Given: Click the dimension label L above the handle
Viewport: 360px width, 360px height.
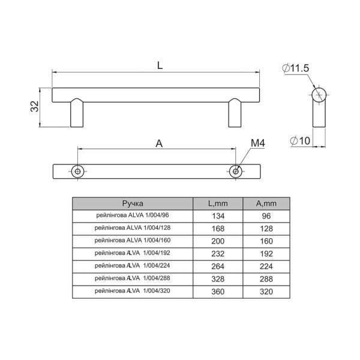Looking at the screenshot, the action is click(160, 65).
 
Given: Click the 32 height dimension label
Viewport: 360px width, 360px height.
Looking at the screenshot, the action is click(35, 106).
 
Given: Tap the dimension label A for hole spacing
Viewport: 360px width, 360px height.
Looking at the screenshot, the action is click(159, 144).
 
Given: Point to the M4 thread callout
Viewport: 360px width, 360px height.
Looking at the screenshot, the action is click(257, 143).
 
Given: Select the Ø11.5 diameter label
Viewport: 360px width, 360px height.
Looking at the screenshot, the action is click(295, 68).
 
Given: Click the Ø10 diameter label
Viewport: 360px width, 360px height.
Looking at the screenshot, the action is click(300, 140).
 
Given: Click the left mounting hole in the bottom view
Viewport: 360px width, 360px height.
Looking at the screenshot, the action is click(77, 171).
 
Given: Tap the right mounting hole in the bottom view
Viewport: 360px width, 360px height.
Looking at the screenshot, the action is click(236, 171).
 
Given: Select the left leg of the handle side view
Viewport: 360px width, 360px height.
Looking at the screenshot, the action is click(77, 113).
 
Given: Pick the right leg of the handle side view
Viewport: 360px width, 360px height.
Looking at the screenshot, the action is click(235, 113).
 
